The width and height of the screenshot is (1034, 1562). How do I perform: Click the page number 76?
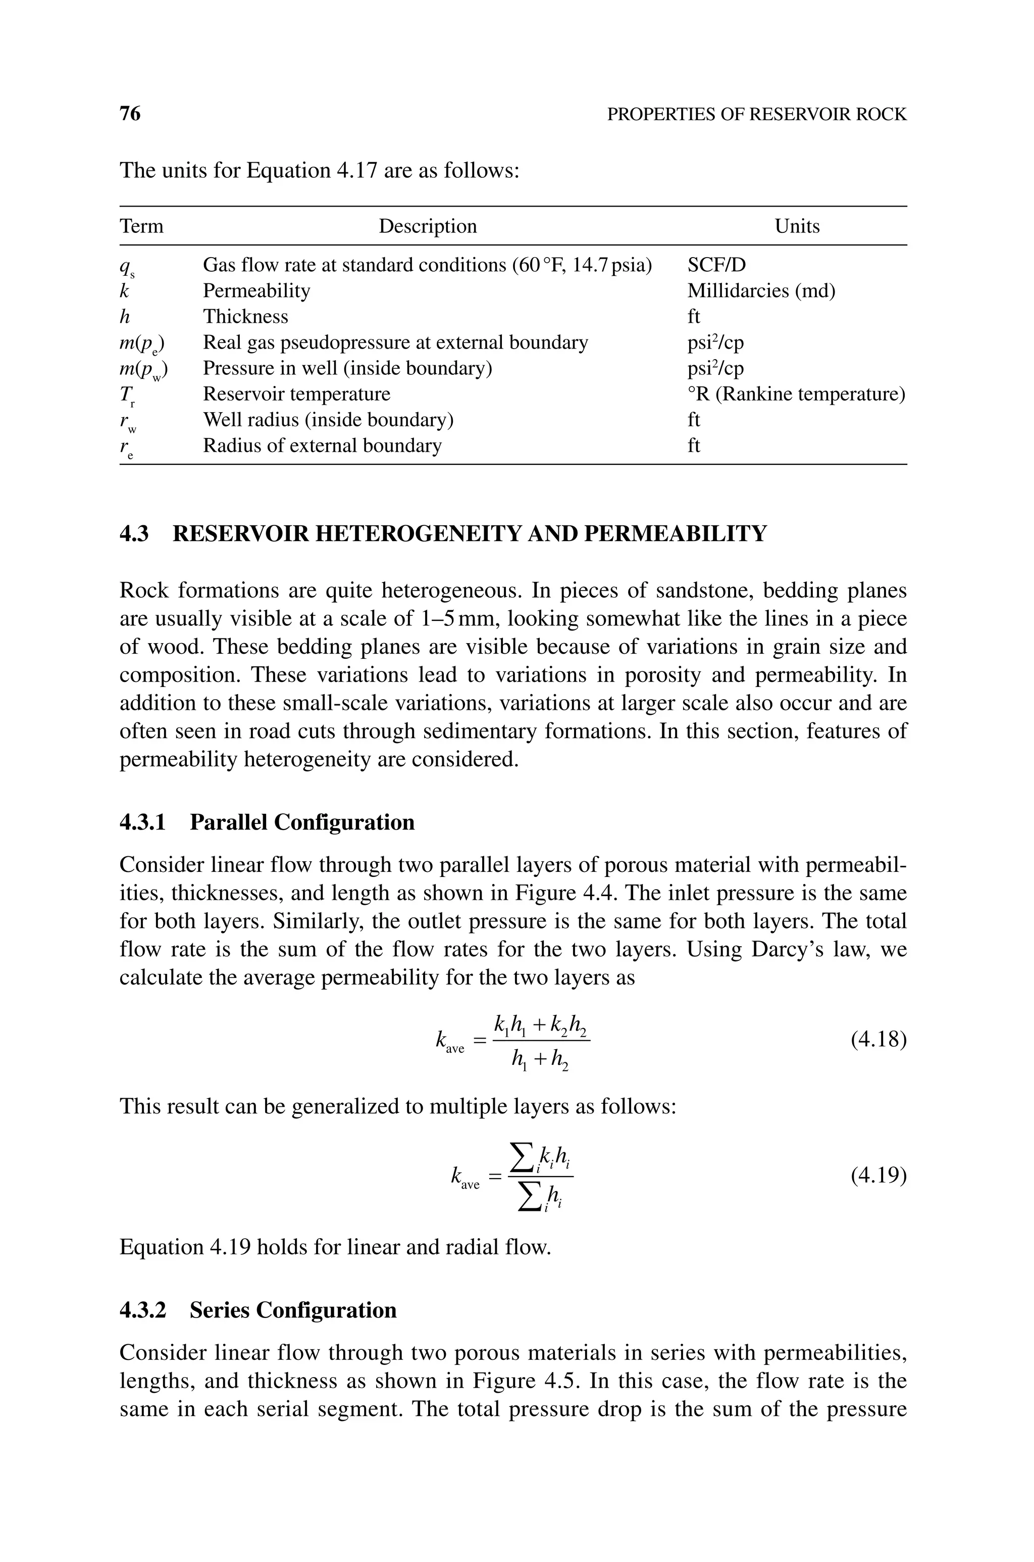click(x=130, y=114)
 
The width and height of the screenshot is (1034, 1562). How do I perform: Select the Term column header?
click(x=141, y=226)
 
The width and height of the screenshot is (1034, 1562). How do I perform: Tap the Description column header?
click(x=427, y=226)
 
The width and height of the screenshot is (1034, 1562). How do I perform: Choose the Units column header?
click(x=797, y=226)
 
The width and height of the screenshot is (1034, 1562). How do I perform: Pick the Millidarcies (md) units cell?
click(x=761, y=291)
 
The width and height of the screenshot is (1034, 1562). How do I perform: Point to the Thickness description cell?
click(x=245, y=317)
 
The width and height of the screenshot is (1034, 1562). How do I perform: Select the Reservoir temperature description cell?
click(x=296, y=395)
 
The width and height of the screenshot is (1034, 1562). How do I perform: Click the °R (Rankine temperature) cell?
click(x=796, y=395)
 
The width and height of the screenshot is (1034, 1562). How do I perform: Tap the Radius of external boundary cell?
click(x=322, y=446)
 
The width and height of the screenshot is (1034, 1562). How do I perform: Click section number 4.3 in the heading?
click(x=134, y=533)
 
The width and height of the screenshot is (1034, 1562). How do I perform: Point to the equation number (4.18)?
click(x=878, y=1040)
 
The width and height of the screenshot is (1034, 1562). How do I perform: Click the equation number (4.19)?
click(x=878, y=1176)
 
